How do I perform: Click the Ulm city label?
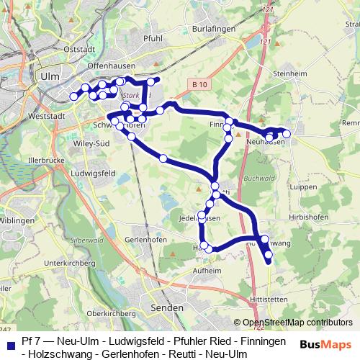(x=50, y=76)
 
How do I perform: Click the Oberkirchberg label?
(x=107, y=314)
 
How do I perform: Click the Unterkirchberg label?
(x=70, y=264)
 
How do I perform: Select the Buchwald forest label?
(x=256, y=178)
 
